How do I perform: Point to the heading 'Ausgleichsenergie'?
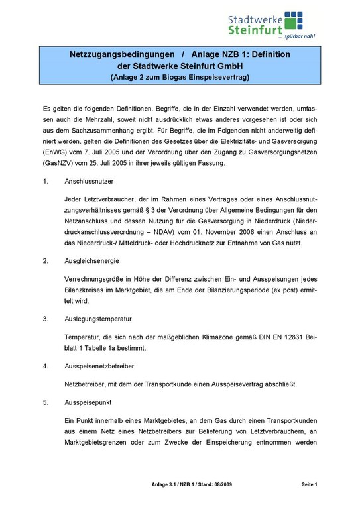tap(91, 261)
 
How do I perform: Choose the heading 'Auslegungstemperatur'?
tap(97, 319)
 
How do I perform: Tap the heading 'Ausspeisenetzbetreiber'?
tap(99, 365)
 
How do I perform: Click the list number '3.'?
tap(46, 319)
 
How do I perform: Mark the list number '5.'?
tap(46, 401)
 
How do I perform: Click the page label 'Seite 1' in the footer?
tap(308, 486)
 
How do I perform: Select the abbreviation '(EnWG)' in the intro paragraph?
tap(55, 153)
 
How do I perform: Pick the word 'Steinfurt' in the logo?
tap(253, 28)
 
